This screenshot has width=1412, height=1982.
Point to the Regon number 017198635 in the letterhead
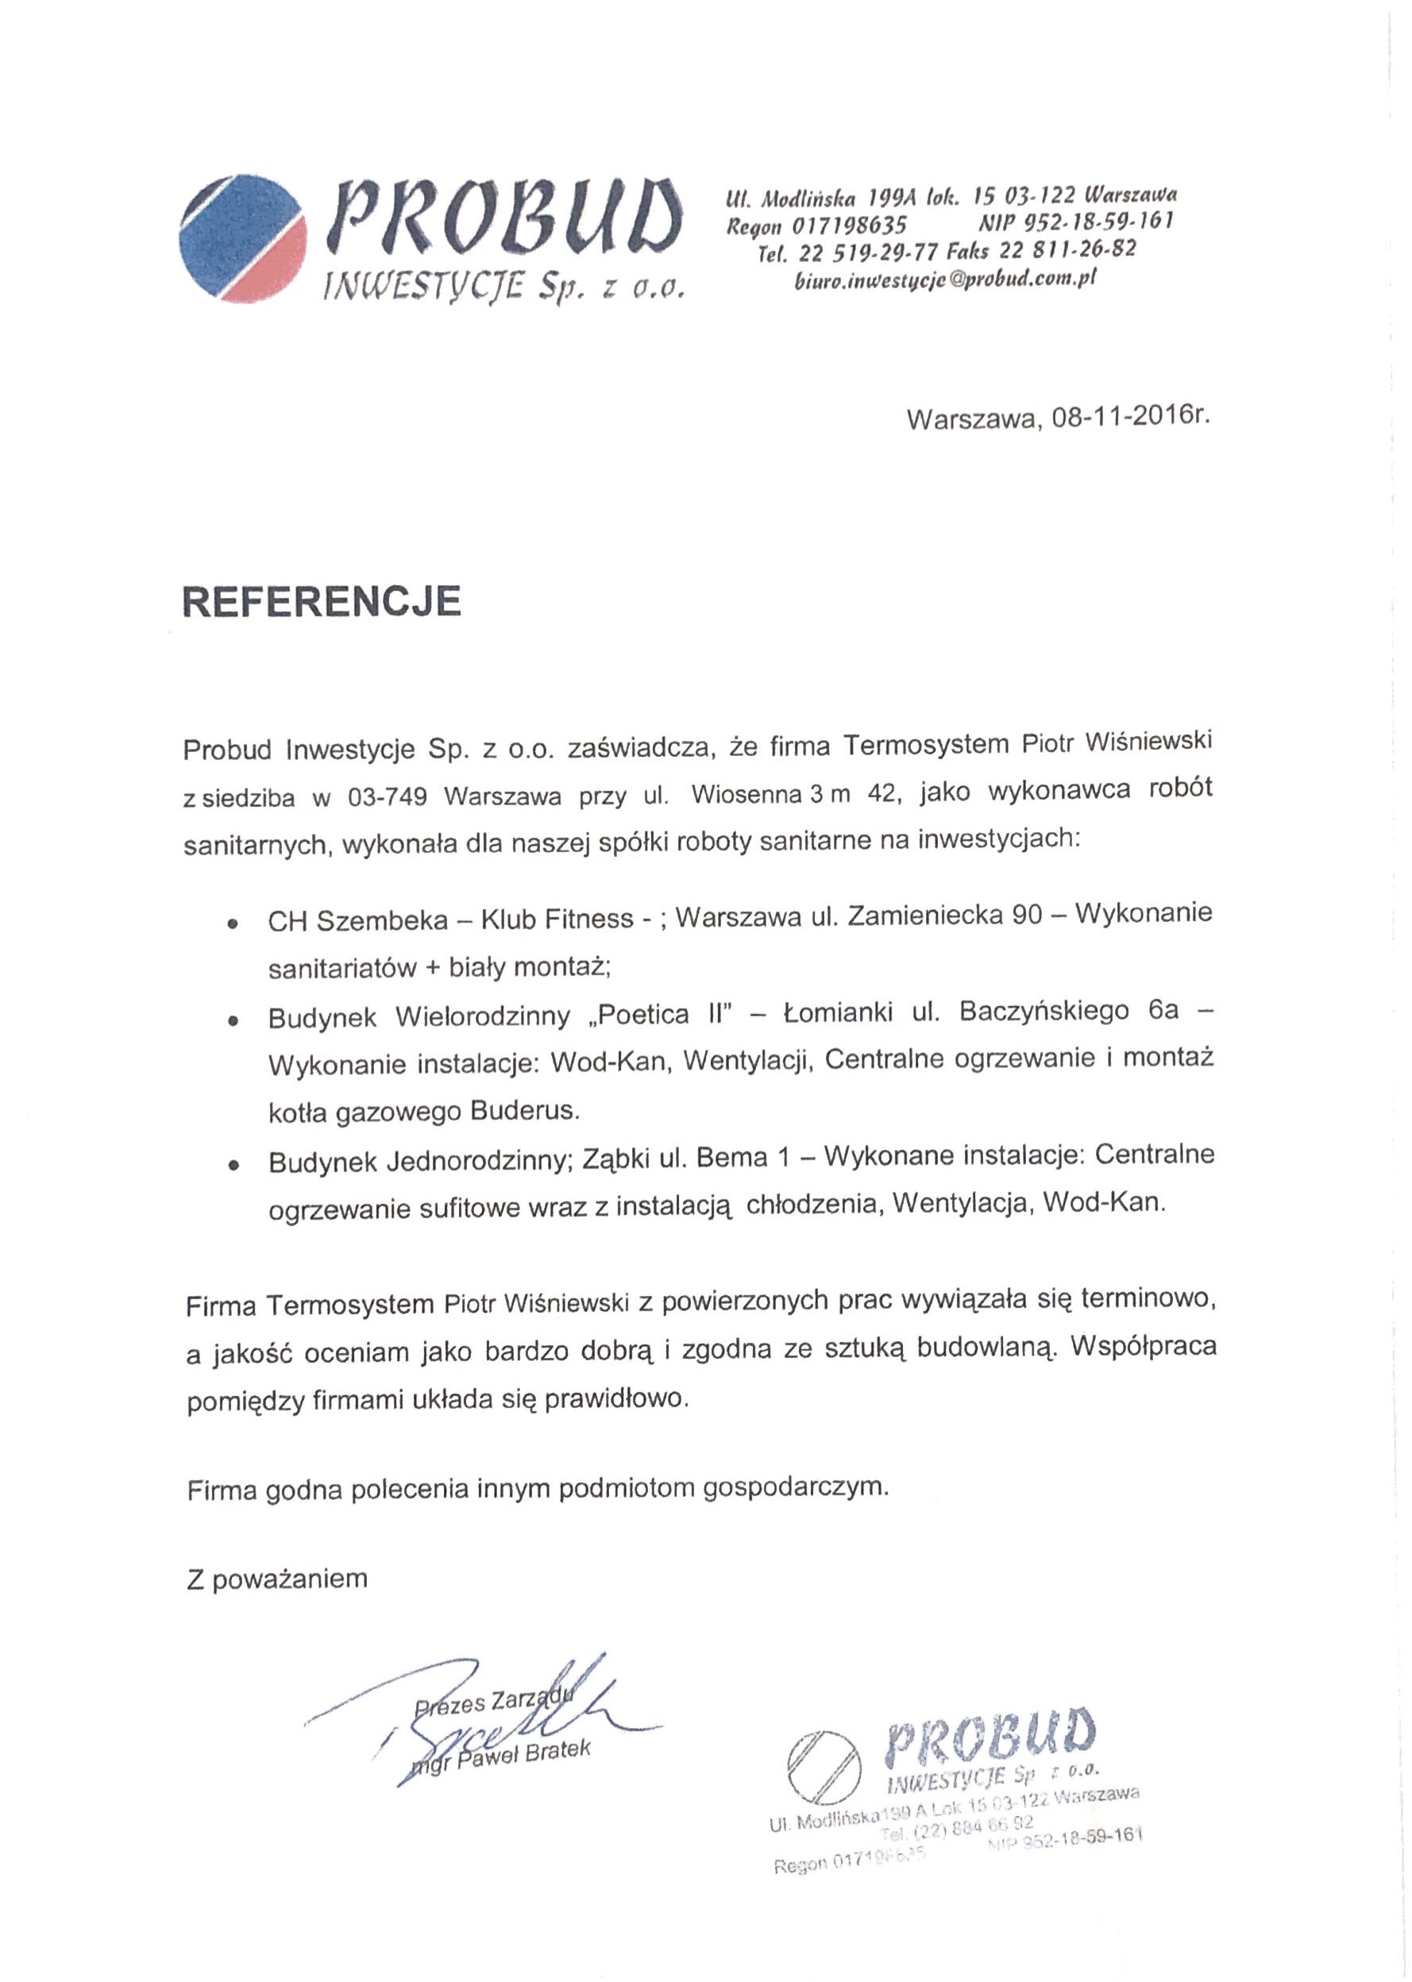[850, 226]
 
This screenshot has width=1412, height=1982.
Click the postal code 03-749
[387, 797]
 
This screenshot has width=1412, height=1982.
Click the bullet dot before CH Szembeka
[232, 924]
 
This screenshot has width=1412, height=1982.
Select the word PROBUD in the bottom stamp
[991, 1734]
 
